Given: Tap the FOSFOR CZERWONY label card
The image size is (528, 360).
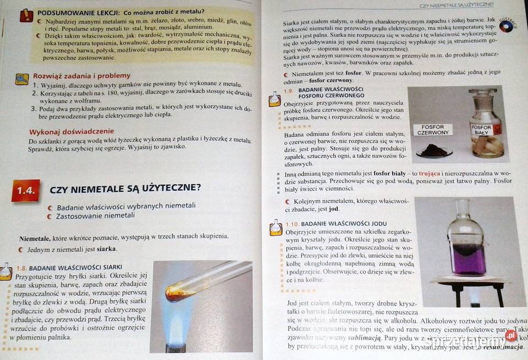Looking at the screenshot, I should click(433, 130).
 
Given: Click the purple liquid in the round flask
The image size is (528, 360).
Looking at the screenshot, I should click(468, 258).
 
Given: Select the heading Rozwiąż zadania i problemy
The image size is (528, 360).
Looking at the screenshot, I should click(82, 76).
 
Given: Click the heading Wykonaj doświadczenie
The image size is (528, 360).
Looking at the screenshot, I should click(71, 132).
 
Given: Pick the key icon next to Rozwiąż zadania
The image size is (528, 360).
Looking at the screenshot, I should click(22, 79).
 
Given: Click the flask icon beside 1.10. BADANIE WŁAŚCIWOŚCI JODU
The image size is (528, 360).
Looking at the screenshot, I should click(276, 228).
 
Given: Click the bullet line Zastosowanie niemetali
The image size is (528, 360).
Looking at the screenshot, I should click(95, 215).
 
